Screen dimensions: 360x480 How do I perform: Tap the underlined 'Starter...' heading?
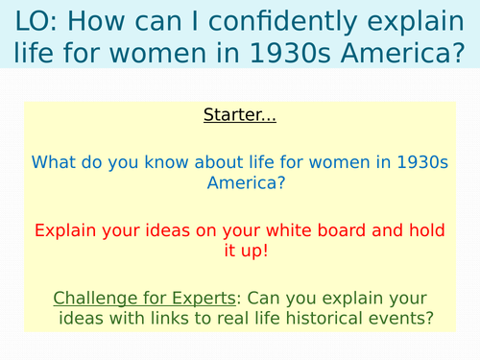239,116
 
